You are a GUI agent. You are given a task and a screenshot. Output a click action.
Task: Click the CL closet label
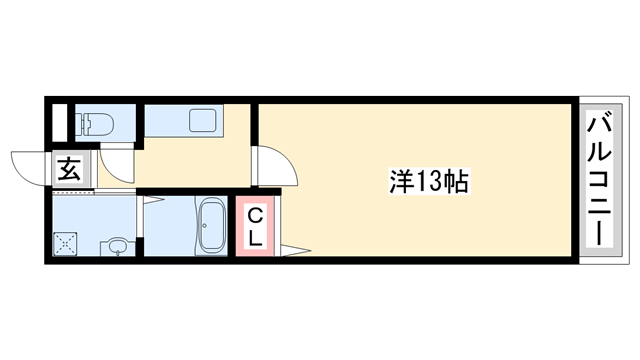(255, 226)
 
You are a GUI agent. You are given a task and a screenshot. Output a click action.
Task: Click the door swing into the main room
(278, 168)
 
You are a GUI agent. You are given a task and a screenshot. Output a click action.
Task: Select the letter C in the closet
(255, 214)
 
